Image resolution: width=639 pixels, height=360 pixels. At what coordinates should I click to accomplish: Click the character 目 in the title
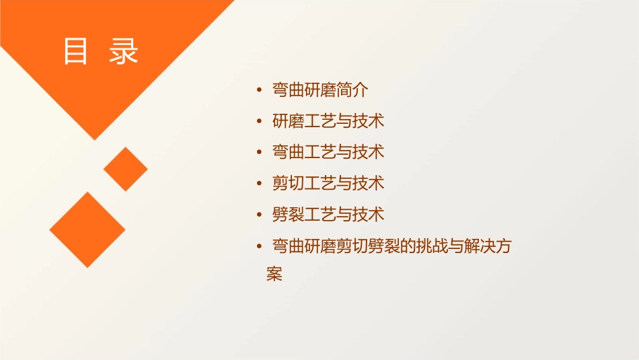click(x=75, y=51)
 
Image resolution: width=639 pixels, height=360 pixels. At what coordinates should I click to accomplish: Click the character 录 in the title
click(x=124, y=51)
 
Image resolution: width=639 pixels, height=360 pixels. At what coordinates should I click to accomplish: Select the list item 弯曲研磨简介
click(x=319, y=90)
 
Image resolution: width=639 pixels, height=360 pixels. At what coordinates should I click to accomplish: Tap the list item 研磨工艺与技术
click(x=328, y=121)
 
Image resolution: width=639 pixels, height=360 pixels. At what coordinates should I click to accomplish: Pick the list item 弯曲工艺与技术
click(x=328, y=152)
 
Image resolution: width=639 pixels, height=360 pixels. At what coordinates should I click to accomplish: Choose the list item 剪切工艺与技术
click(x=328, y=183)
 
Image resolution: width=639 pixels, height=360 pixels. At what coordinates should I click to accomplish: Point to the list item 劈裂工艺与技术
click(x=328, y=215)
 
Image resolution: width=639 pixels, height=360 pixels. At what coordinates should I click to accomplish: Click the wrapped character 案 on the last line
click(x=274, y=275)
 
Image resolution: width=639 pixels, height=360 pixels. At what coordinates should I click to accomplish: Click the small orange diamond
click(x=126, y=169)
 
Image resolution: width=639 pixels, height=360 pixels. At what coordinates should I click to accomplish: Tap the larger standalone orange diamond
click(x=87, y=229)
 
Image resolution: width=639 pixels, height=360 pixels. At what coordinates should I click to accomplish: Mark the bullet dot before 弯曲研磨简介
click(x=260, y=90)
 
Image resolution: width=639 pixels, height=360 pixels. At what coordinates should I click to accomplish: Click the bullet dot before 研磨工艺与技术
click(x=260, y=121)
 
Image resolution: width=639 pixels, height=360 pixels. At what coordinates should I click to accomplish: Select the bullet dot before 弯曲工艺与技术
click(x=260, y=152)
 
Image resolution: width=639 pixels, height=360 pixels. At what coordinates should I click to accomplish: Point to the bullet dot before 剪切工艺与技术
click(x=260, y=183)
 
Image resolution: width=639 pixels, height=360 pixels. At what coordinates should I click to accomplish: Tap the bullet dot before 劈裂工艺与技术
click(x=260, y=215)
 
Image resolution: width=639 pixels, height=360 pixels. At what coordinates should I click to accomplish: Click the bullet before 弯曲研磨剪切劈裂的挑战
click(x=260, y=246)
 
